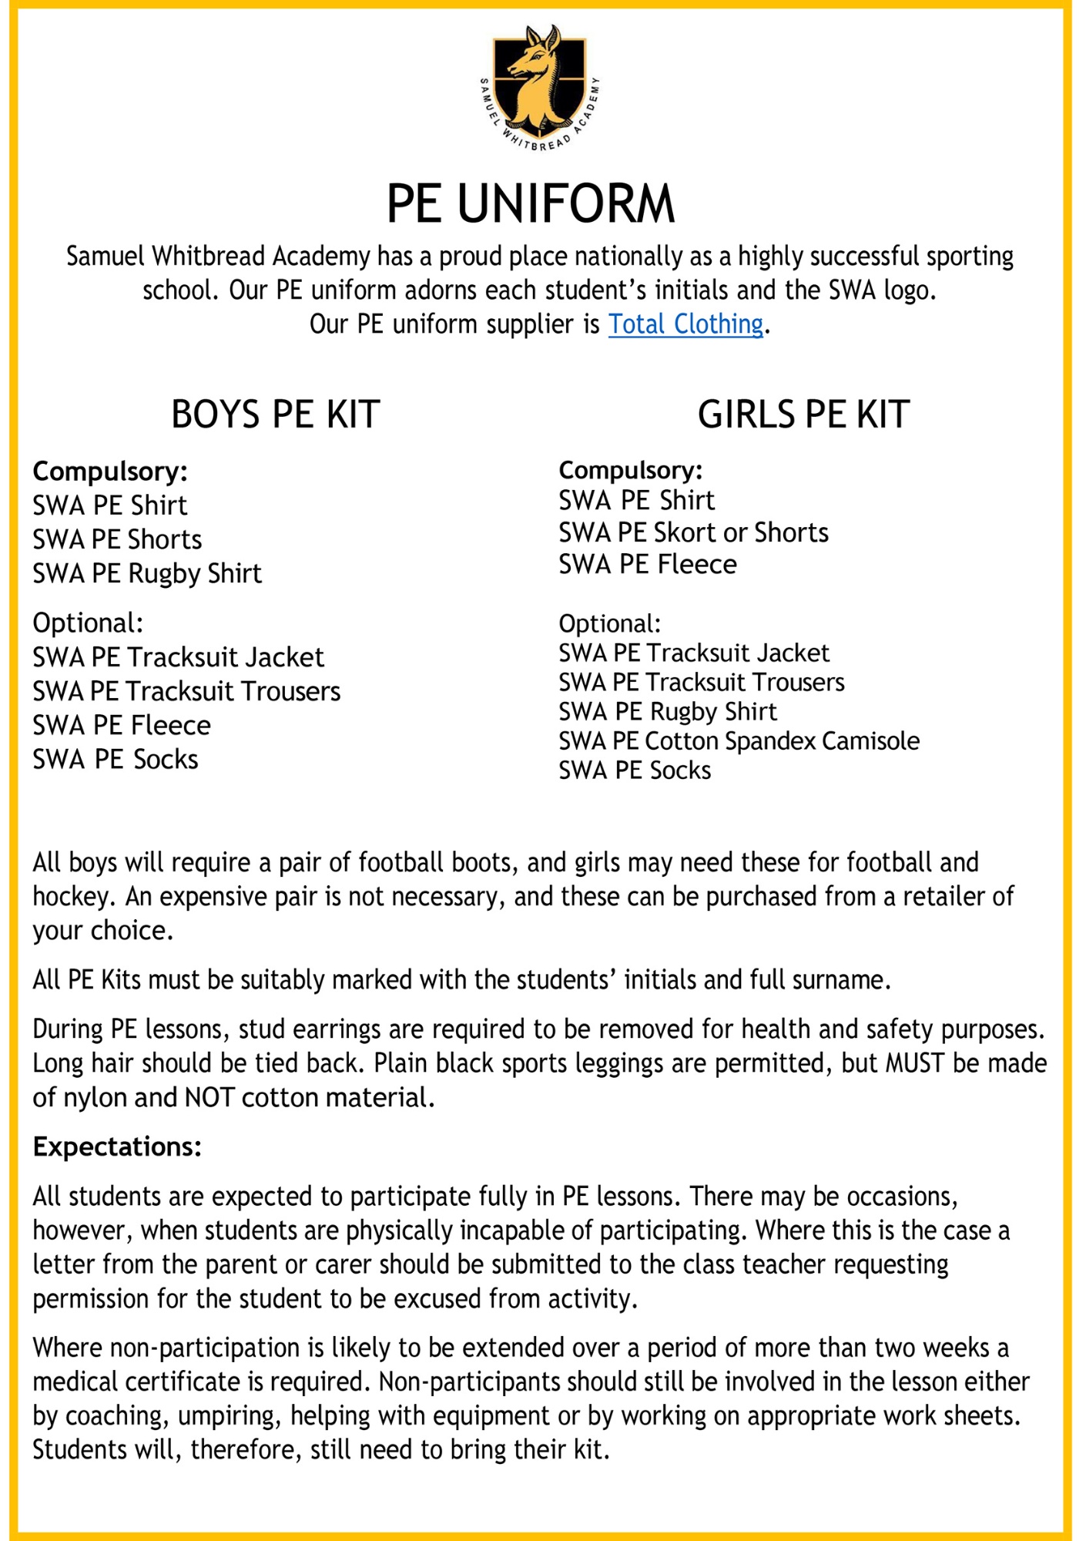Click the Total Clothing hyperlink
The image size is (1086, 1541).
(685, 324)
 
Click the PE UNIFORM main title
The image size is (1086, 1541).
(531, 203)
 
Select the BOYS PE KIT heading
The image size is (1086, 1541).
(275, 415)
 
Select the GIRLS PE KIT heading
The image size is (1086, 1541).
(803, 415)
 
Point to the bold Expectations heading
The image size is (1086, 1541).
(117, 1147)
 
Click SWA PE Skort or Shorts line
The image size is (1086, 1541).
(693, 532)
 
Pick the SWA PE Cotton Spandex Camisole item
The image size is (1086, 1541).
(739, 740)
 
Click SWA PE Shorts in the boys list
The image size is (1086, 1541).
(117, 539)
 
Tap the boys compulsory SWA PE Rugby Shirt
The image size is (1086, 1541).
(147, 573)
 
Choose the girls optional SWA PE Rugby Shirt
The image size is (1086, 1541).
(668, 711)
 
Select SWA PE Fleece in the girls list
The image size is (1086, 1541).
(648, 564)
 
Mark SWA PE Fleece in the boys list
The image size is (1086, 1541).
(122, 725)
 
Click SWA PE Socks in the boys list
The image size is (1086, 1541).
(116, 759)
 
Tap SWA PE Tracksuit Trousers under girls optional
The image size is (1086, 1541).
(702, 682)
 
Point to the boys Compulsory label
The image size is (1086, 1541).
(110, 471)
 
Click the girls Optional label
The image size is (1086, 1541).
(609, 623)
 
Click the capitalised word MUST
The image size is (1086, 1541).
(915, 1063)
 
